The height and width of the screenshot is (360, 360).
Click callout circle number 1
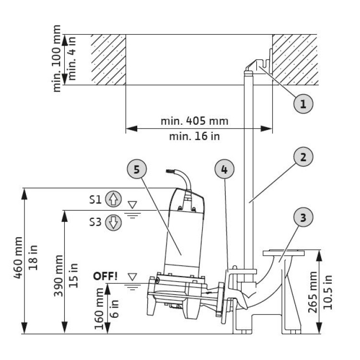pos(303,103)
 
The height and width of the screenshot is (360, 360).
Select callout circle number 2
pos(303,157)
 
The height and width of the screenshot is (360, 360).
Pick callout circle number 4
pos(225,169)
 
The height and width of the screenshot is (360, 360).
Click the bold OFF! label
pos(105,276)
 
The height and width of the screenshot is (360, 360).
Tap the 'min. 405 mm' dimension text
pos(194,120)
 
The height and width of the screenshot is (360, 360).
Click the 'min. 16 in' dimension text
pos(194,136)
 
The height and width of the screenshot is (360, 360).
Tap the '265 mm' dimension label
pos(313,291)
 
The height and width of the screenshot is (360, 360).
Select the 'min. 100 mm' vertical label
pos(58,58)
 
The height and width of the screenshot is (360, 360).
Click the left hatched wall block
pos(108,60)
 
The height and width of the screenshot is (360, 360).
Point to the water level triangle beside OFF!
pos(132,277)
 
